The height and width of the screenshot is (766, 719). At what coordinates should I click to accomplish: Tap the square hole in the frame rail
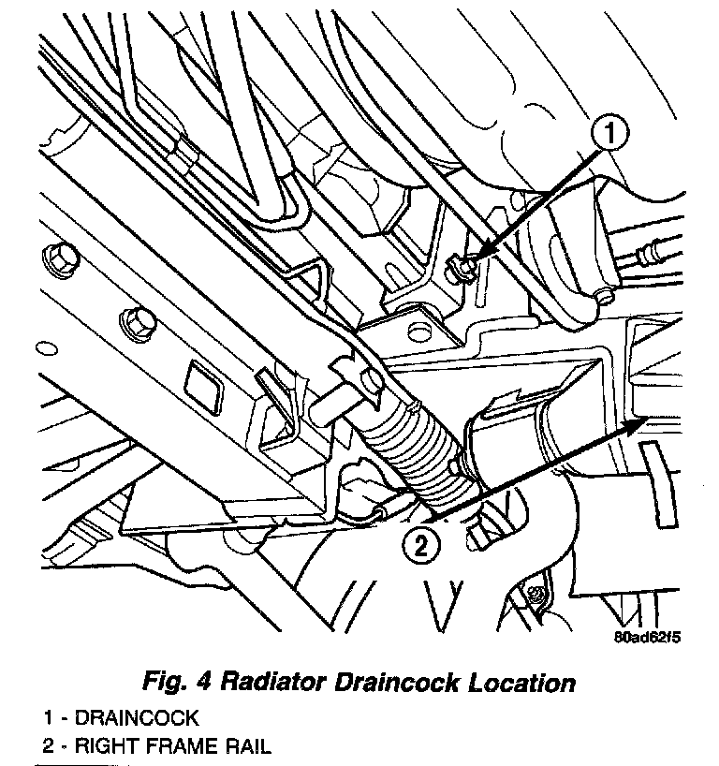coord(201,382)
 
